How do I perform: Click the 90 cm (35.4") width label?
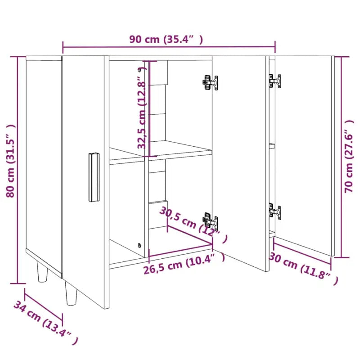166,39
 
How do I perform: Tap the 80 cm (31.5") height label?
11,161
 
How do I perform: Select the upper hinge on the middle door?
210,83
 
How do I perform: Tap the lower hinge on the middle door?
210,221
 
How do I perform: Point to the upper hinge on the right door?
275,81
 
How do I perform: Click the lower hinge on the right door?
274,211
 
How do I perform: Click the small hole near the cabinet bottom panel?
139,246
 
